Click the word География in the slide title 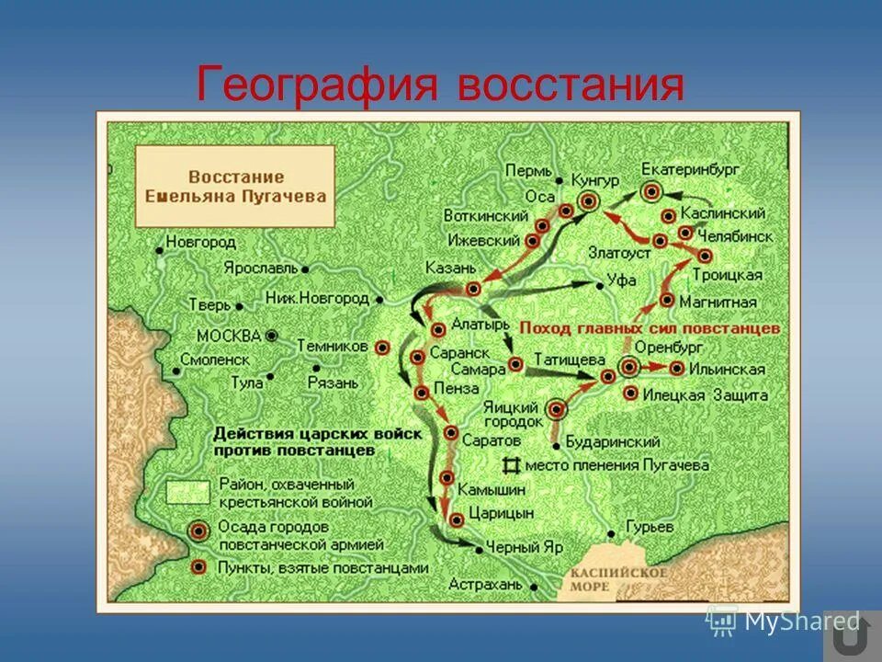[315, 86]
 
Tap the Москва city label [229, 336]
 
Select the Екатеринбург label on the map [690, 170]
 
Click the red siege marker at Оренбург [629, 368]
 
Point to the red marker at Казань [473, 289]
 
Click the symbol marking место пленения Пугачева [510, 465]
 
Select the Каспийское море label [604, 578]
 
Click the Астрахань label [484, 584]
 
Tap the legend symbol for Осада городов [198, 531]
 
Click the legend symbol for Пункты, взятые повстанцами [198, 567]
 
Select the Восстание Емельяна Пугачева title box [236, 186]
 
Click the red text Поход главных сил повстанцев [650, 328]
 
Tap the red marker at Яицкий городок [556, 407]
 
